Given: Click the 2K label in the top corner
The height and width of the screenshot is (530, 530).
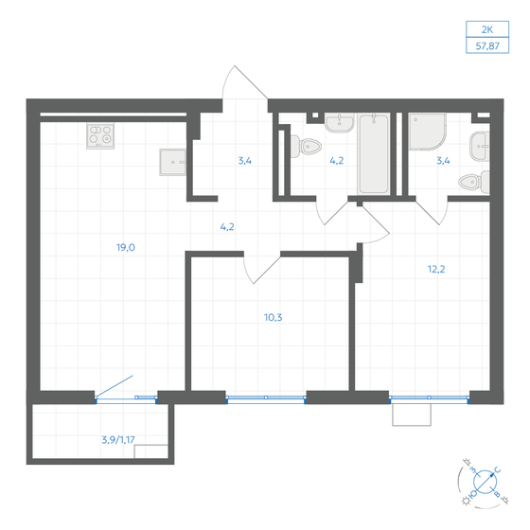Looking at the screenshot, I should point(489,29).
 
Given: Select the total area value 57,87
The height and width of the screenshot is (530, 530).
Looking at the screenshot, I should point(489,44).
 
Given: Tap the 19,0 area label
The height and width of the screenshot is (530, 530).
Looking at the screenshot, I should point(125,247).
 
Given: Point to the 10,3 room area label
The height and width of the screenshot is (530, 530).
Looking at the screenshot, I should point(273,318).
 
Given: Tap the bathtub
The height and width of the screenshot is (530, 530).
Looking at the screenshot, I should point(373,153).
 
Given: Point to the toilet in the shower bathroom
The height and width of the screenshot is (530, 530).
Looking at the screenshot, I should point(481,182).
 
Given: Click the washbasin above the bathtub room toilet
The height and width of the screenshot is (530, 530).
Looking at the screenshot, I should point(337,123).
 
